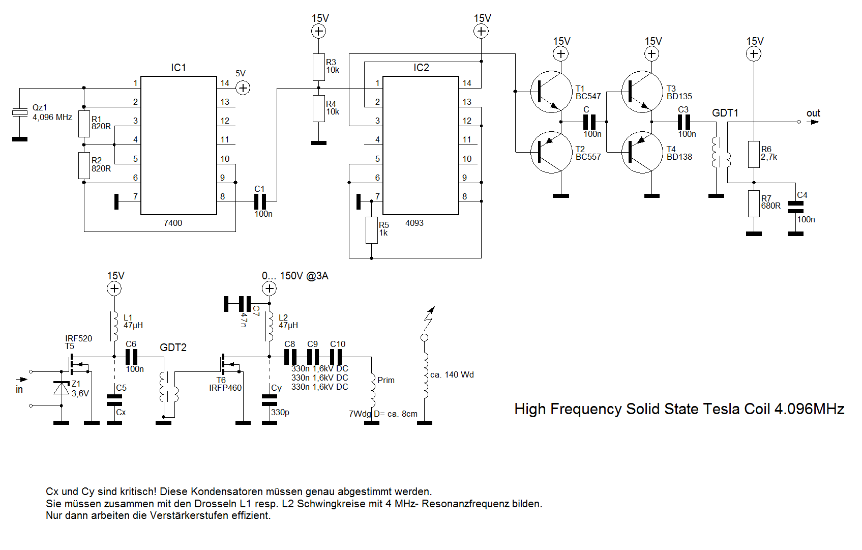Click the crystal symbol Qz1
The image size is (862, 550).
[20, 112]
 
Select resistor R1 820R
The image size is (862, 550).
[84, 124]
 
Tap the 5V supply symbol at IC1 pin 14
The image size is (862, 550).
[243, 88]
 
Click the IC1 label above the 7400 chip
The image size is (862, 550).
[179, 68]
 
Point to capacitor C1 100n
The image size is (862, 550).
[260, 201]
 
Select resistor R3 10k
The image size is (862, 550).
[318, 67]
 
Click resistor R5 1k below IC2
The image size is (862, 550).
[372, 230]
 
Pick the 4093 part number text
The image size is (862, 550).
[414, 223]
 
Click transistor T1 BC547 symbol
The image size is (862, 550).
[551, 92]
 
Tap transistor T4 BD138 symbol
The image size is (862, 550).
[642, 152]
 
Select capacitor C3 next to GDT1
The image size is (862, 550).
[684, 122]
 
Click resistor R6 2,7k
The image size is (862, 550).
[754, 154]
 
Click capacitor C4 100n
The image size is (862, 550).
[795, 207]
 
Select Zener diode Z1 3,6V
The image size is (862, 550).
[62, 388]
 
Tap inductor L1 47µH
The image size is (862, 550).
[114, 326]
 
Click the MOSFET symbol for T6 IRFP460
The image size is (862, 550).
[230, 363]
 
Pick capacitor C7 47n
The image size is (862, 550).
[245, 304]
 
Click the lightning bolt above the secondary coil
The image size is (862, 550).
[430, 318]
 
